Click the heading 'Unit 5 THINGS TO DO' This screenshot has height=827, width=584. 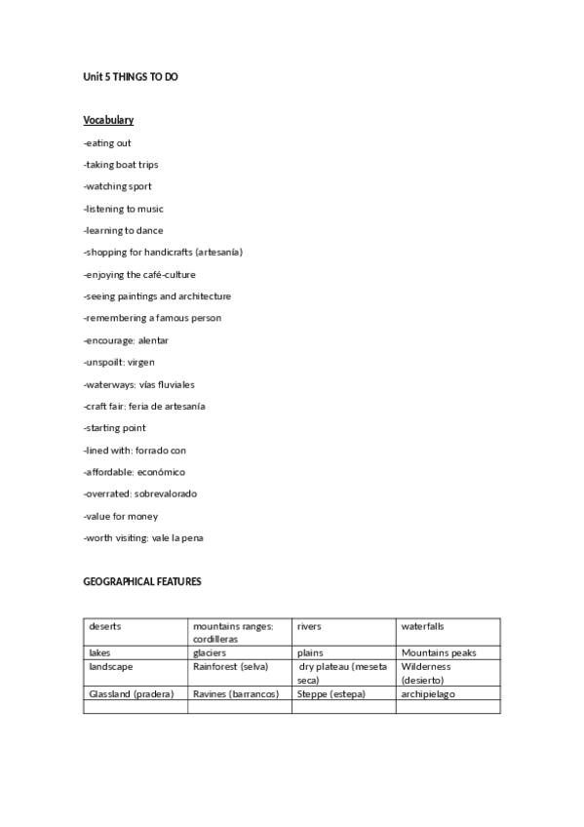(131, 76)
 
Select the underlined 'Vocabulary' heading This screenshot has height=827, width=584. (108, 120)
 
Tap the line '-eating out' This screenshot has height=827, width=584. (107, 143)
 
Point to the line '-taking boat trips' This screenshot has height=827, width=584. (121, 165)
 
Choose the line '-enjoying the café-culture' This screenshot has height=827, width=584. (139, 275)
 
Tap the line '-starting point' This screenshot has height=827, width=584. (115, 428)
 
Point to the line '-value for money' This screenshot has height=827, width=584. (121, 516)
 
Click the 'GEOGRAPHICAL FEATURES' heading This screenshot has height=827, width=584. (142, 581)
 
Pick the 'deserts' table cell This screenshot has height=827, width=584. (105, 626)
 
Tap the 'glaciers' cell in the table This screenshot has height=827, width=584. (210, 652)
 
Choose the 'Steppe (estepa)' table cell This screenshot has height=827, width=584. (330, 694)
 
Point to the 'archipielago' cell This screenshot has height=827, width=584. (428, 694)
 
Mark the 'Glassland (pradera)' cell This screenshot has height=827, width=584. (131, 694)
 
